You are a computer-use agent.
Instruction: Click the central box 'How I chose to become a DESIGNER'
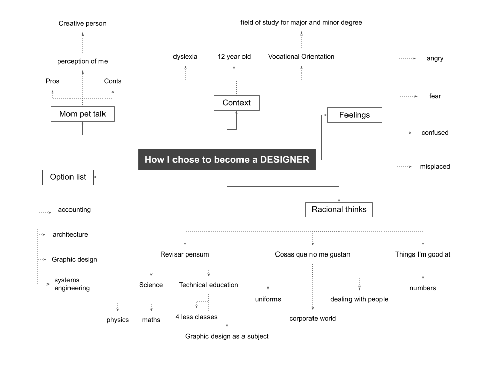(x=227, y=160)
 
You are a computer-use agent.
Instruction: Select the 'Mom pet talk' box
(x=83, y=114)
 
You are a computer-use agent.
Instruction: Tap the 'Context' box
(x=237, y=103)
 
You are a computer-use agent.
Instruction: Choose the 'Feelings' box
(x=355, y=115)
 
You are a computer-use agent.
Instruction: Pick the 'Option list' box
(x=68, y=177)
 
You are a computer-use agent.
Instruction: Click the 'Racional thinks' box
(x=339, y=210)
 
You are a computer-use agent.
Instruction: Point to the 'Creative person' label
(x=83, y=24)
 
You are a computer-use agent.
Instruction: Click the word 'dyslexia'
(x=185, y=57)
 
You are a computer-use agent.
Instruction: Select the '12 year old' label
(x=234, y=57)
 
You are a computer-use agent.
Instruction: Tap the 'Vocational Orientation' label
(x=301, y=57)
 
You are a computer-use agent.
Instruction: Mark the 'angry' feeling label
(x=435, y=59)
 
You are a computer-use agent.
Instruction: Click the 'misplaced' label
(x=435, y=167)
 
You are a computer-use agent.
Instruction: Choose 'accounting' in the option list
(x=74, y=210)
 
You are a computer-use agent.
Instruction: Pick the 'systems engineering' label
(x=72, y=284)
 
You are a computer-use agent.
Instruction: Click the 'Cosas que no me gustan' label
(x=313, y=254)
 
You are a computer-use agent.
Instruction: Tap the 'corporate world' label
(x=313, y=319)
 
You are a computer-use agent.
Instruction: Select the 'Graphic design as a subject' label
(x=227, y=336)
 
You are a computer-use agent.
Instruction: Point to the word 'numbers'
(x=423, y=288)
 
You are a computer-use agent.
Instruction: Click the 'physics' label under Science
(x=117, y=320)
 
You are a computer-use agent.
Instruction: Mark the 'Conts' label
(x=113, y=81)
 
